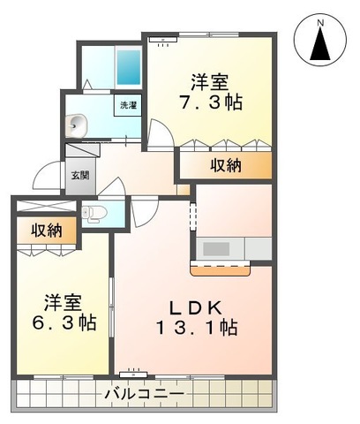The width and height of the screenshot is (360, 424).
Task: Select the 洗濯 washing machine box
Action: point(129,105)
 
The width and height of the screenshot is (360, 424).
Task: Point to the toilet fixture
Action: point(96,212)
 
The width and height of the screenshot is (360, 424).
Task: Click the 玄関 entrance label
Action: point(80,175)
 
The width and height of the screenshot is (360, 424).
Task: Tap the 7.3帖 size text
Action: point(211,103)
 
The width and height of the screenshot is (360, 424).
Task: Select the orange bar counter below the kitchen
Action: point(220,266)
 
